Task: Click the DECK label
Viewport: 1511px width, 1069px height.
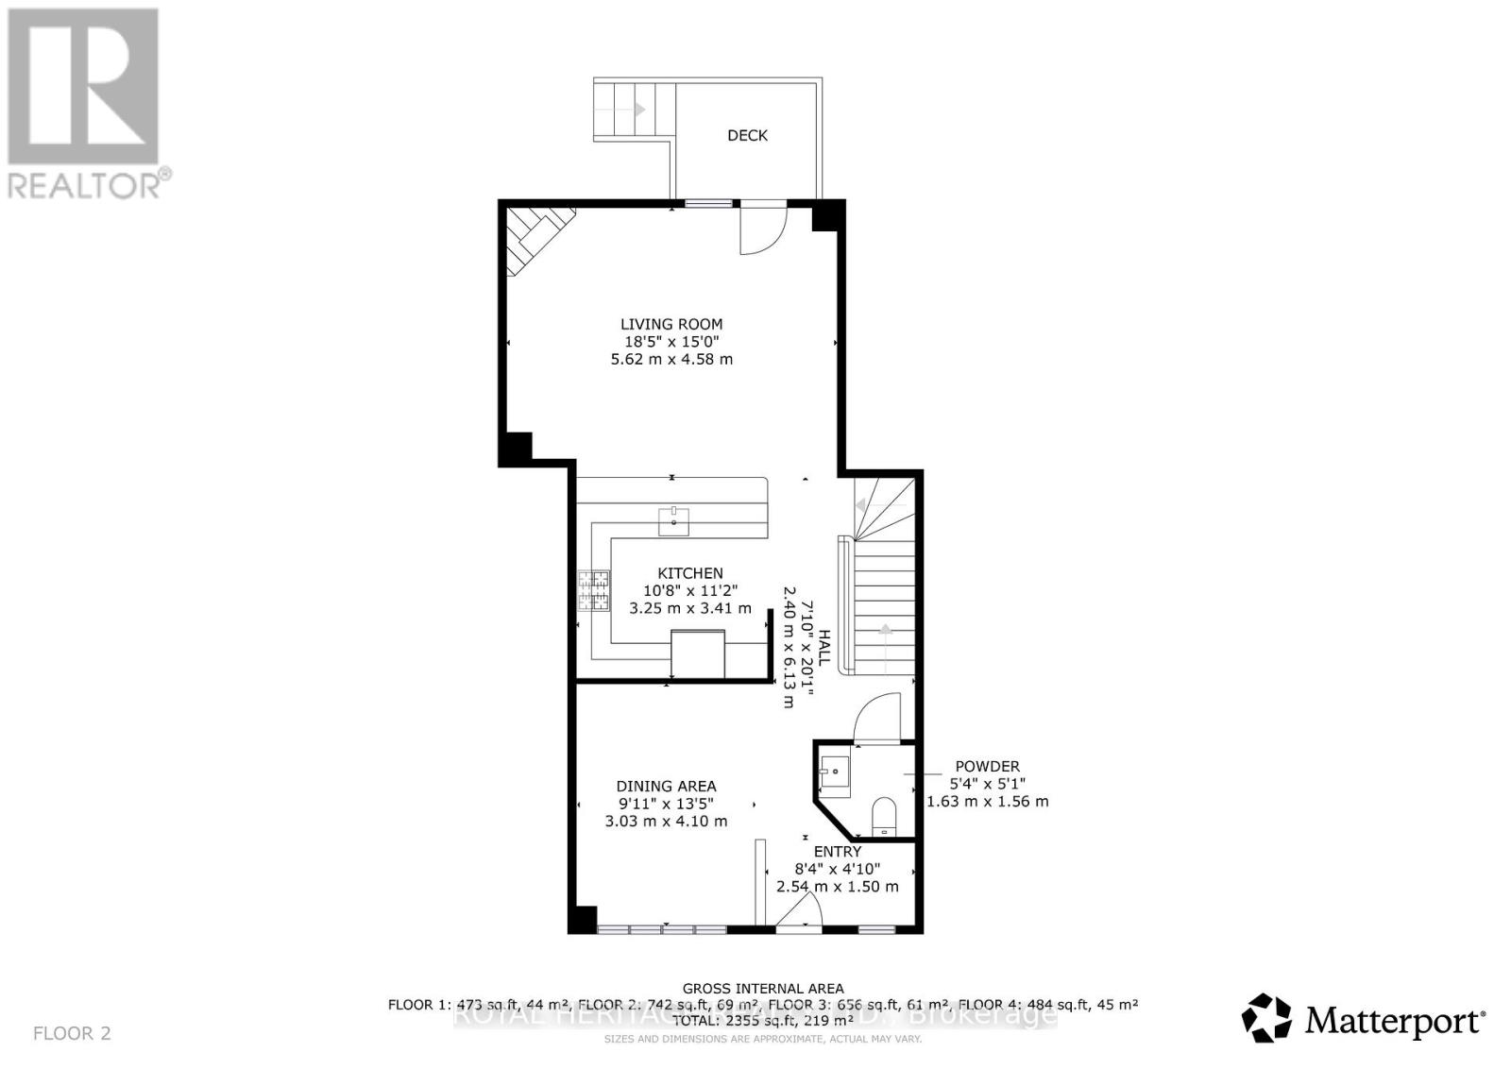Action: click(x=747, y=135)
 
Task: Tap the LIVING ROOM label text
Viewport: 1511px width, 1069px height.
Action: click(x=671, y=324)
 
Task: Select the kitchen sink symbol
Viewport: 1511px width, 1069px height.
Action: click(x=674, y=520)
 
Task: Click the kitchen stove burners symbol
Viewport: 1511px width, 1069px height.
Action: click(x=594, y=592)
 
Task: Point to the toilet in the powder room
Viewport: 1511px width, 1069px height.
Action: click(x=884, y=815)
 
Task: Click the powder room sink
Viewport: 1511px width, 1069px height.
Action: click(x=835, y=773)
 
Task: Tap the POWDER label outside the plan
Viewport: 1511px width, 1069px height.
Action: click(x=987, y=767)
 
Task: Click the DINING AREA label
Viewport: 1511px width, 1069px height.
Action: click(x=666, y=786)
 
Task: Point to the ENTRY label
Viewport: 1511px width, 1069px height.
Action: click(x=838, y=851)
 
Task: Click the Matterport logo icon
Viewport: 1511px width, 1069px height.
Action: click(x=1267, y=1018)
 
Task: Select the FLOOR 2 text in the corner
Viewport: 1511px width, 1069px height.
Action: click(x=72, y=1033)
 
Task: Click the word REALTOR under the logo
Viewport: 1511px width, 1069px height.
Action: click(x=84, y=185)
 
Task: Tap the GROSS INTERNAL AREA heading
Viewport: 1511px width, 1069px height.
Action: click(x=763, y=989)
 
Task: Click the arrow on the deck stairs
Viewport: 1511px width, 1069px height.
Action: click(x=639, y=110)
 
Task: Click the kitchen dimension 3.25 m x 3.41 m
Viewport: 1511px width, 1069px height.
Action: click(x=690, y=608)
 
